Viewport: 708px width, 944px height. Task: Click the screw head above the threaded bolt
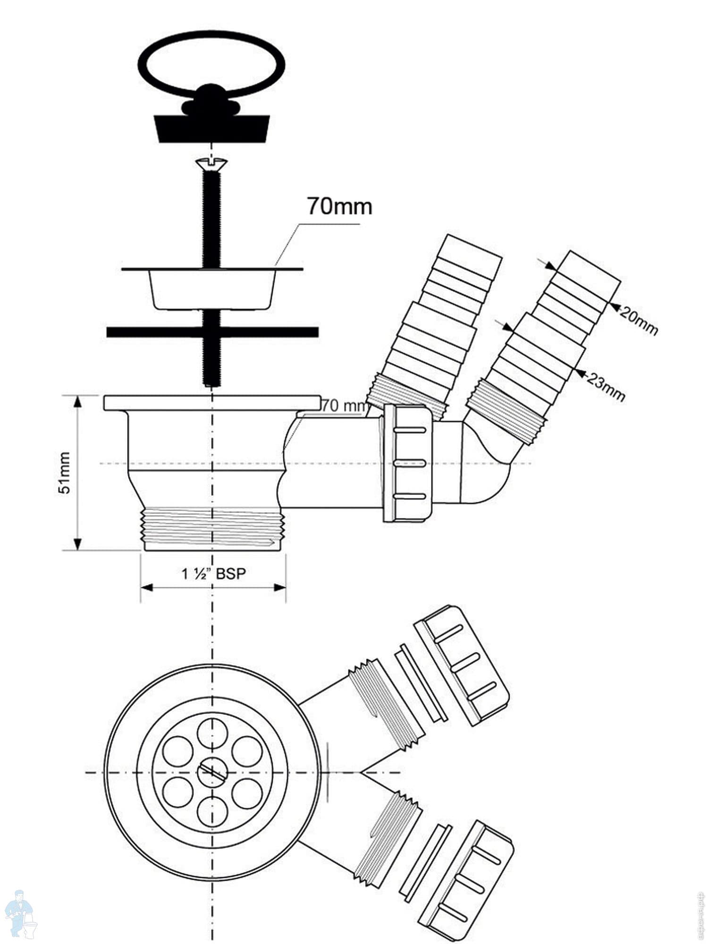point(211,164)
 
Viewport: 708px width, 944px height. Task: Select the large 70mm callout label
point(339,206)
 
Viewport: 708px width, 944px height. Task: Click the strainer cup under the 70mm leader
point(212,289)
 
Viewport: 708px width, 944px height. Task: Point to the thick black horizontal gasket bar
point(142,332)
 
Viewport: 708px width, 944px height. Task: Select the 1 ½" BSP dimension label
point(213,574)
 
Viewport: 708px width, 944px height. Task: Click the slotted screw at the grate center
point(212,773)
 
